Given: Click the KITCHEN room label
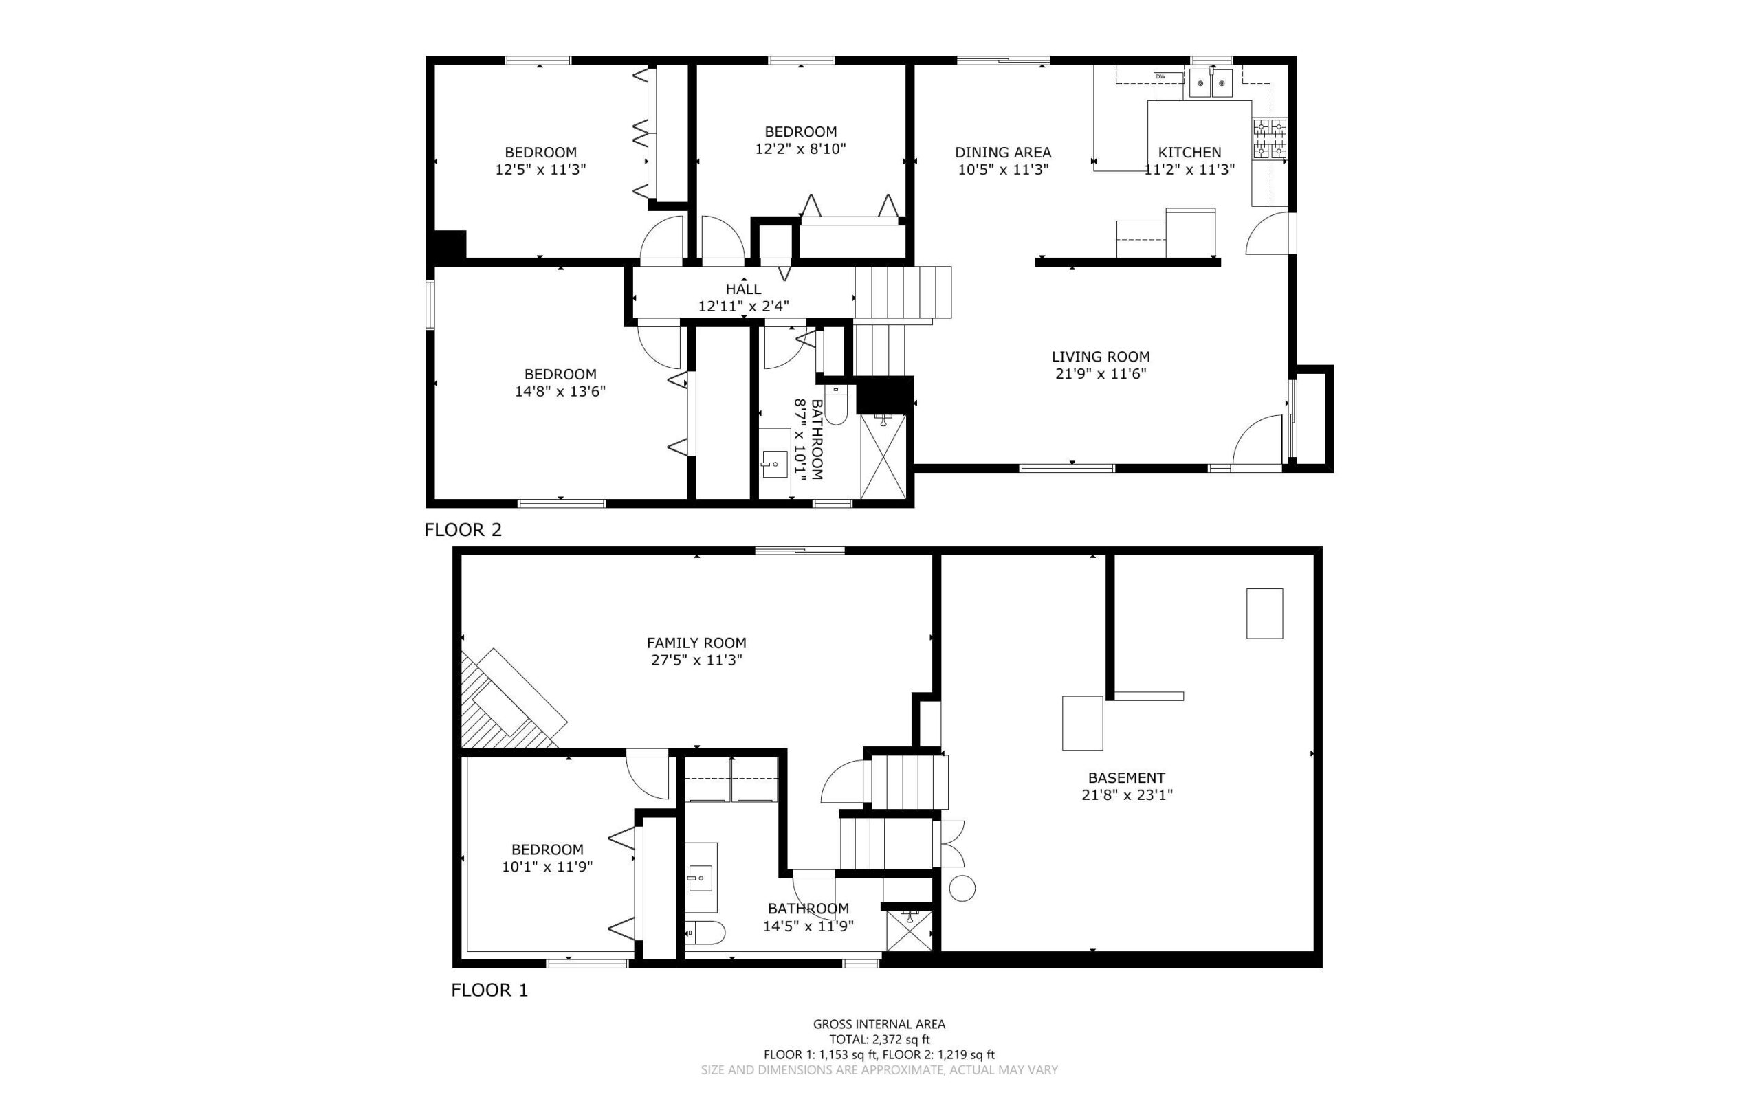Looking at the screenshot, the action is pos(1189,153).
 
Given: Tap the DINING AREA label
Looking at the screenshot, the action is pos(1002,153).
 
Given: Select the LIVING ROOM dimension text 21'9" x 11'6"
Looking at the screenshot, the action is pos(1101,374).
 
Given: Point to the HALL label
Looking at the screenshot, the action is pos(743,289).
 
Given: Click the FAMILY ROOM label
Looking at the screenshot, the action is pos(696,643).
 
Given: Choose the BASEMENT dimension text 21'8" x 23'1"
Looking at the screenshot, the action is pos(1127,795).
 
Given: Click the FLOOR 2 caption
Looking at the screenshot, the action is pos(463,530).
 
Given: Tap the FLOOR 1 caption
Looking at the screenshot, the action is pos(489,990).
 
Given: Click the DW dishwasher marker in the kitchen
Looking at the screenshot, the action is pos(1160,76).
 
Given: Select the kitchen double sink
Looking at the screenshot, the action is pos(1211,84).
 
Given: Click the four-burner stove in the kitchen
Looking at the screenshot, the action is pos(1269,138).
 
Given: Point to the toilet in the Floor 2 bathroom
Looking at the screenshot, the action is pos(837,406).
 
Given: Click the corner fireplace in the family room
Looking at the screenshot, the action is pos(509,702).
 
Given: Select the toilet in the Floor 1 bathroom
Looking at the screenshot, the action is pos(705,933).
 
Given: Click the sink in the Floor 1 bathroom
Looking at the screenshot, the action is pos(701,877).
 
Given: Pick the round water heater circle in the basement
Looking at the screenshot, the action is pos(962,888).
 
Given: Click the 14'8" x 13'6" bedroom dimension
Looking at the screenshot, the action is pos(560,391).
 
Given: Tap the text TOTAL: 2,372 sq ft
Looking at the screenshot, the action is pos(879,1039).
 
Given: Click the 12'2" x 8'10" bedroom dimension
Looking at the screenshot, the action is pos(800,148).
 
